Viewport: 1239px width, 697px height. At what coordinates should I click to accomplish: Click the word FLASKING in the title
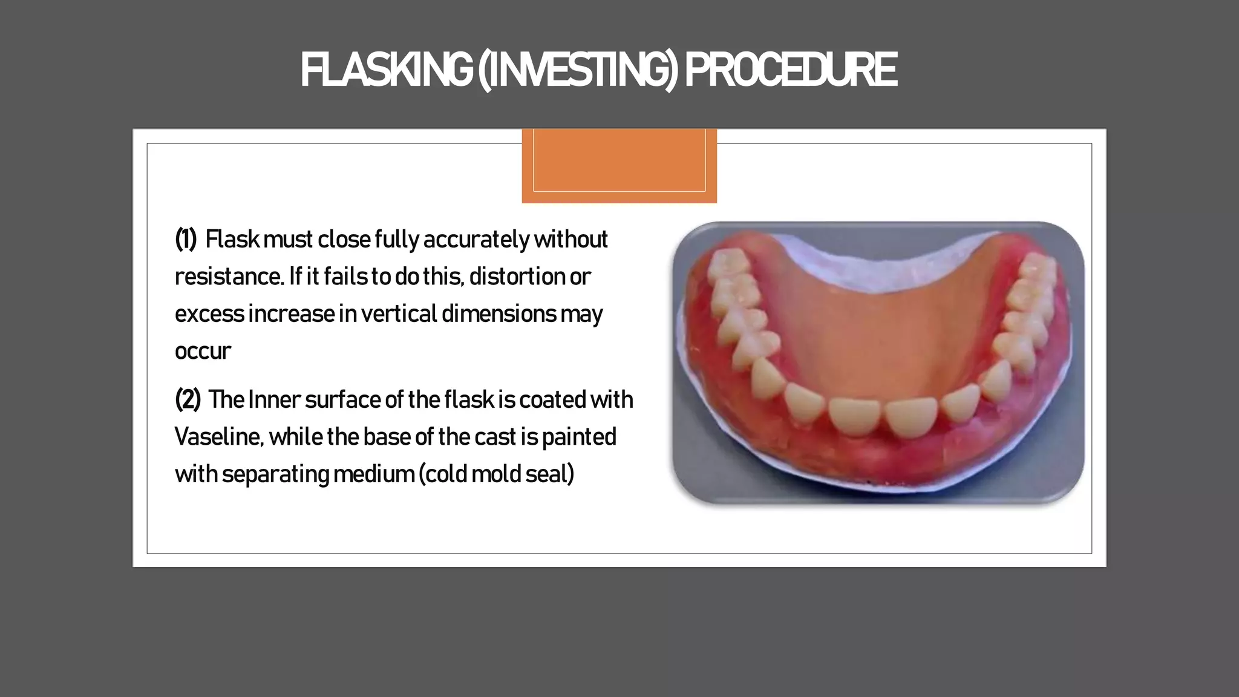click(x=386, y=70)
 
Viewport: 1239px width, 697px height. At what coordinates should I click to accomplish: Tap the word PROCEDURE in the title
click(x=790, y=70)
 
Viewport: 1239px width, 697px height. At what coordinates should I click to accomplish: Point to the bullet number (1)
click(x=186, y=240)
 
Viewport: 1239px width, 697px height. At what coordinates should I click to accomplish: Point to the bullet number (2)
click(x=188, y=400)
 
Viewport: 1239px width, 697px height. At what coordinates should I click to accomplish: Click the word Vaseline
click(x=218, y=437)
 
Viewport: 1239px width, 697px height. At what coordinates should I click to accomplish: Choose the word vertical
click(x=399, y=314)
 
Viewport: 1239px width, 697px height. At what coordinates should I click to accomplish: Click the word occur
click(x=203, y=352)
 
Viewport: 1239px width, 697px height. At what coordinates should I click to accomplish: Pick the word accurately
click(x=476, y=240)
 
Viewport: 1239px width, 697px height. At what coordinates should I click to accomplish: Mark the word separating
click(x=275, y=474)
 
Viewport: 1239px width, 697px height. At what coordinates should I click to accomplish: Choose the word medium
click(x=373, y=474)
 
